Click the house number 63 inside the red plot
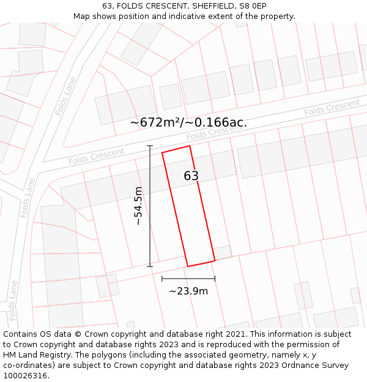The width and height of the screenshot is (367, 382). [191, 176]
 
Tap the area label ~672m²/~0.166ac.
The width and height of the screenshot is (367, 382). [188, 122]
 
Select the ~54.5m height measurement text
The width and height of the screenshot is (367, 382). [139, 206]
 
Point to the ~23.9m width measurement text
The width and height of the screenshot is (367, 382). [188, 291]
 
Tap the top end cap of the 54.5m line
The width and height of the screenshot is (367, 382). [150, 146]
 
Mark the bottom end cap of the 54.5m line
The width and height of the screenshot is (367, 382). [150, 266]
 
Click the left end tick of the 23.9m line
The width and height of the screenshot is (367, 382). [162, 279]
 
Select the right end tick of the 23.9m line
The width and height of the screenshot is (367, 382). [215, 279]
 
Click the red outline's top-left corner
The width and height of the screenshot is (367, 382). [162, 152]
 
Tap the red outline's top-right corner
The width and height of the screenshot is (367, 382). [190, 145]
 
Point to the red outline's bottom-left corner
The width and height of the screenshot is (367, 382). [187, 266]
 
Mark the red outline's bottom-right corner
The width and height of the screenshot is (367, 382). [215, 260]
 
